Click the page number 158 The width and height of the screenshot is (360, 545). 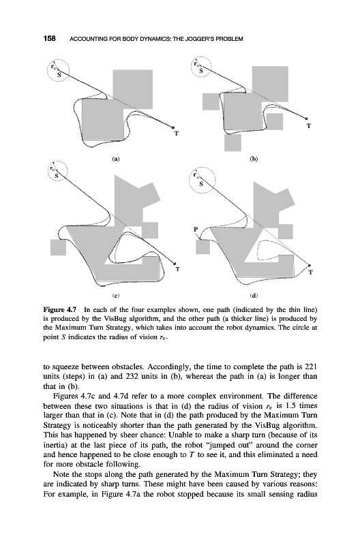[x=49, y=39]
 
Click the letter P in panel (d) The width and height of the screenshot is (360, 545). [x=196, y=230]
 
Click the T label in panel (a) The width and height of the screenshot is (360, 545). [x=177, y=133]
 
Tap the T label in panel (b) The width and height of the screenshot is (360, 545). [x=308, y=125]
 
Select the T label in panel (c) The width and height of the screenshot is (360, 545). [x=178, y=269]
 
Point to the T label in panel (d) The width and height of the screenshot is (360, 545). [x=311, y=272]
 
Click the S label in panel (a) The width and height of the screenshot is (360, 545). [x=59, y=74]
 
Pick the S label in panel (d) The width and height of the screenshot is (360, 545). [x=200, y=184]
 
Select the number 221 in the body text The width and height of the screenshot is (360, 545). [x=310, y=367]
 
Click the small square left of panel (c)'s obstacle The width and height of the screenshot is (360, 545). [x=59, y=247]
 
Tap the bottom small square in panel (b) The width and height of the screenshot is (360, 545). [x=232, y=142]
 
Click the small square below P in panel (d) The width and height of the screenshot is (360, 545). [x=202, y=247]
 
